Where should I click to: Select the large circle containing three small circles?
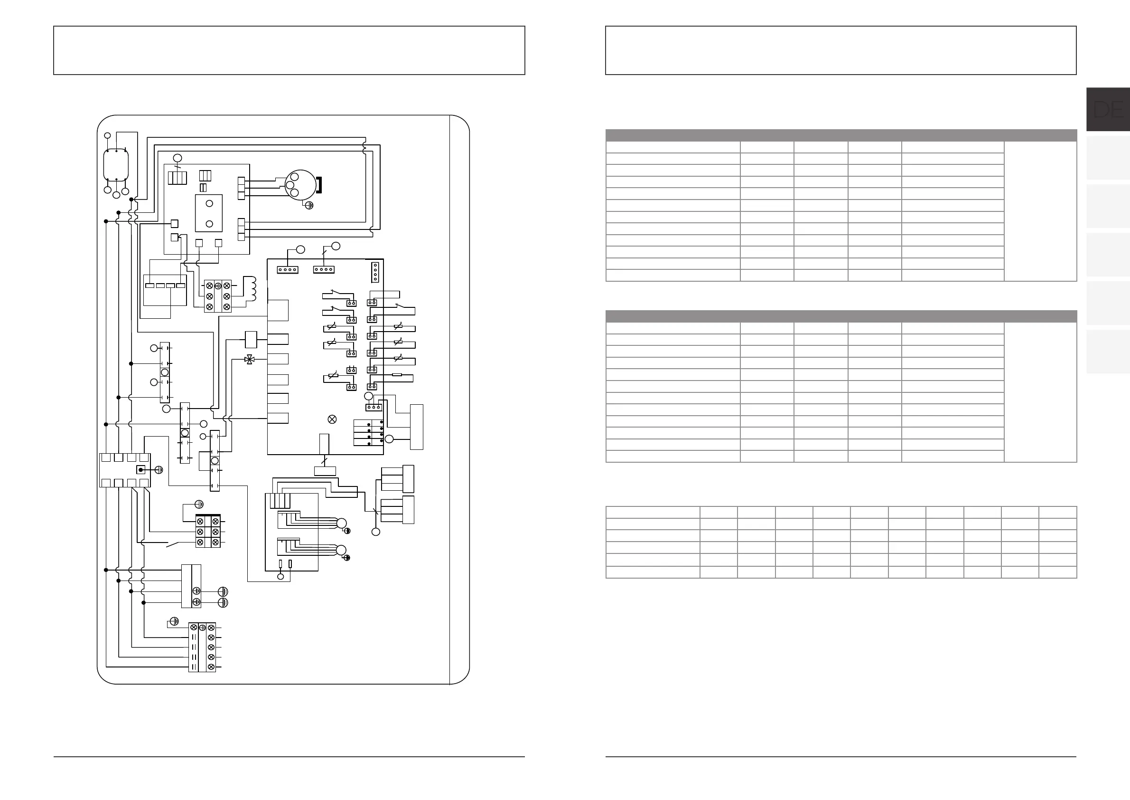coord(300,185)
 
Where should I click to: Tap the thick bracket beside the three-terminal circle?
coord(319,185)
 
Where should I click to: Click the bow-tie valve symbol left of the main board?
coord(250,360)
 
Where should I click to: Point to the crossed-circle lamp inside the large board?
coord(332,419)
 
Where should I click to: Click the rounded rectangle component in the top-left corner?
coord(116,165)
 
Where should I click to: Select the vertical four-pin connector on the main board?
coord(375,272)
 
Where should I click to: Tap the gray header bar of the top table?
coord(840,135)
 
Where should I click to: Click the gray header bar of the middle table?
coord(840,316)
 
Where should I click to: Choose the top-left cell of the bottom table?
coord(653,512)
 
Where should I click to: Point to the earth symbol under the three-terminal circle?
coord(309,205)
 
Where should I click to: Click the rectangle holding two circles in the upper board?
coord(209,213)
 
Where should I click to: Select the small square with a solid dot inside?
coord(141,470)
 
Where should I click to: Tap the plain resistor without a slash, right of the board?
coord(397,375)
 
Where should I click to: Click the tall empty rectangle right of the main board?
coord(416,427)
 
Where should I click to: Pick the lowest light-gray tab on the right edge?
coord(1108,352)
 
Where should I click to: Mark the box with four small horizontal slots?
coord(165,290)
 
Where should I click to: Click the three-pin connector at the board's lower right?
coord(374,408)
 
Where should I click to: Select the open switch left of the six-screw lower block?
coord(173,545)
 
